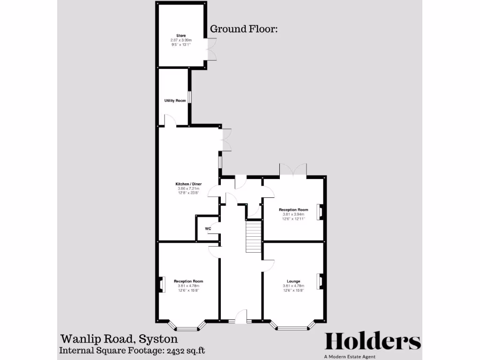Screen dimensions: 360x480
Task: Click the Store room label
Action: click(181, 36)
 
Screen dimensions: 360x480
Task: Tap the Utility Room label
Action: click(175, 101)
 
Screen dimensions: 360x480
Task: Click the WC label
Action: click(208, 229)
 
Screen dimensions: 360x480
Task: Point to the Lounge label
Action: click(293, 281)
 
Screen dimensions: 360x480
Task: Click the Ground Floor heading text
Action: click(244, 29)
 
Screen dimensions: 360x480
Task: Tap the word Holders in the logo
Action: click(373, 341)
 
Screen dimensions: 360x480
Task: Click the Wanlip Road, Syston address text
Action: click(119, 339)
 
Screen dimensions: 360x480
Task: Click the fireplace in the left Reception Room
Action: click(162, 285)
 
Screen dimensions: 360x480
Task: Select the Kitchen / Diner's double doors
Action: click(227, 140)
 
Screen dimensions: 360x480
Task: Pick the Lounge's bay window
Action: click(293, 326)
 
